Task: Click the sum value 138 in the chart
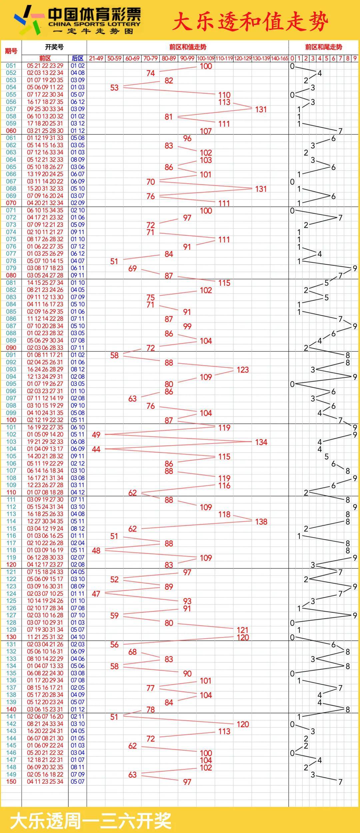(261, 522)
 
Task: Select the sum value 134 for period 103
(261, 442)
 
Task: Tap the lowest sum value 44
(96, 449)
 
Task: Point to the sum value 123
(243, 370)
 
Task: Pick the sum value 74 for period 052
(151, 73)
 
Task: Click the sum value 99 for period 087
(187, 327)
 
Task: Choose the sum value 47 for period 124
(96, 594)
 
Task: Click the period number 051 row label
(11, 66)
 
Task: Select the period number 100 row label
(11, 420)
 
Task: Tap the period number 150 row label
(11, 782)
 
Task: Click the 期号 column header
(11, 51)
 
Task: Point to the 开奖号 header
(54, 47)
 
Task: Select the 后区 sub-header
(78, 58)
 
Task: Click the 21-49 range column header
(96, 58)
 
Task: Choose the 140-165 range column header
(279, 58)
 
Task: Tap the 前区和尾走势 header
(323, 47)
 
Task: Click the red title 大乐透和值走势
(250, 22)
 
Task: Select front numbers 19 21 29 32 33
(45, 442)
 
